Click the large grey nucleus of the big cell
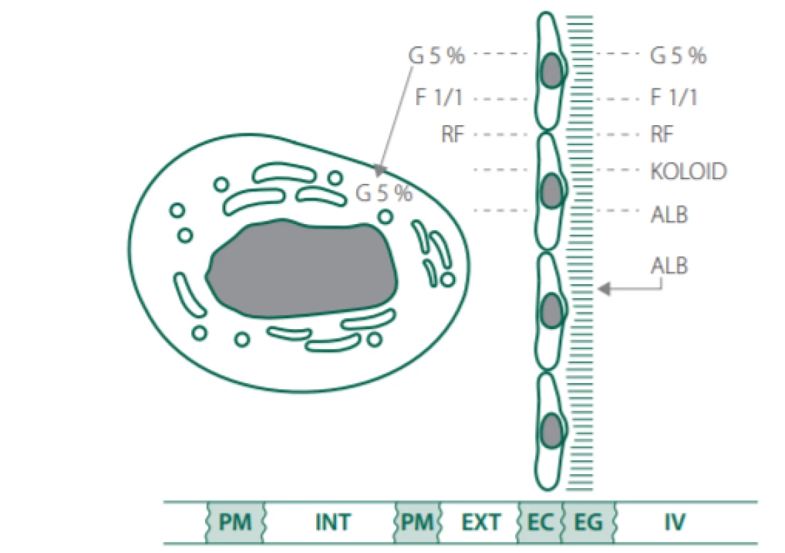[x=302, y=269]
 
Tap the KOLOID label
[x=688, y=171]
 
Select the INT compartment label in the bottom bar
[x=332, y=523]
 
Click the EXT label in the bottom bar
[x=481, y=523]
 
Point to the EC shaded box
[x=540, y=523]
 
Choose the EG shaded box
[x=588, y=523]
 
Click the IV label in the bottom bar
[x=675, y=523]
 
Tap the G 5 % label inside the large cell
[x=383, y=193]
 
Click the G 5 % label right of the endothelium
[x=678, y=56]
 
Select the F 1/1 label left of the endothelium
[x=438, y=97]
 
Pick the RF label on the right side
[x=661, y=134]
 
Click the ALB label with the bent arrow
[x=669, y=265]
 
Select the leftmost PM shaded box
[x=235, y=523]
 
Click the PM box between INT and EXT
[x=417, y=523]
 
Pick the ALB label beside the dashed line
[x=669, y=214]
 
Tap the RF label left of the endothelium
[x=453, y=134]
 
